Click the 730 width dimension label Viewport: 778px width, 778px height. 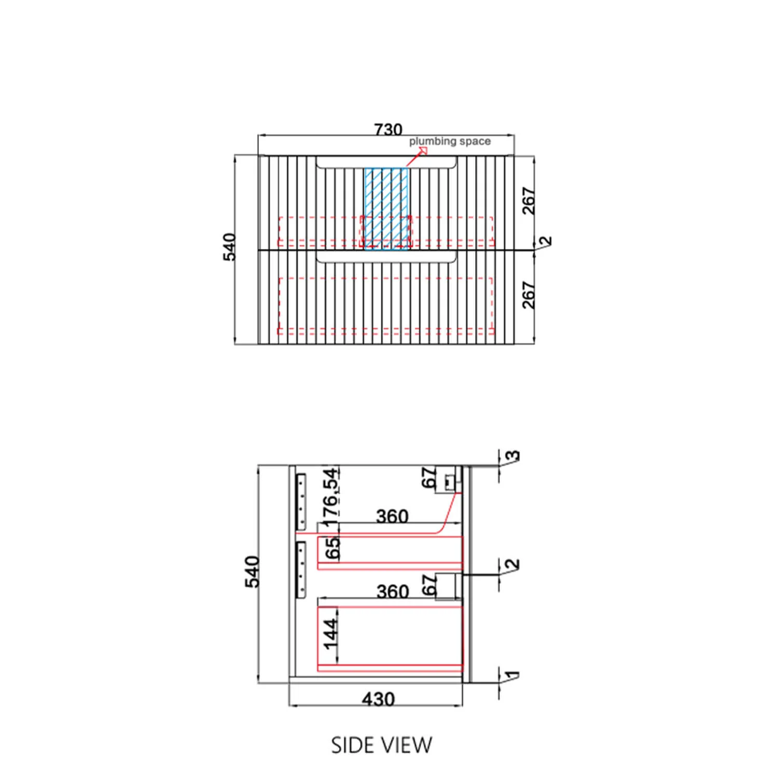[388, 129]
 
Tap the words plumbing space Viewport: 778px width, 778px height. [450, 141]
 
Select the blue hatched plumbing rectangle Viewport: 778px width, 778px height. [386, 209]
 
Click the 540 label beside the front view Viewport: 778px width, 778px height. [230, 247]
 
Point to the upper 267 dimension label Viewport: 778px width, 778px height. [528, 201]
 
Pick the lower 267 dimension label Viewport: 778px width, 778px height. [528, 295]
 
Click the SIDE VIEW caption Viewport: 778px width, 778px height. [381, 745]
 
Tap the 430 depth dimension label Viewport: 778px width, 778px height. [378, 699]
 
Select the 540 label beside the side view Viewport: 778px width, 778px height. [252, 572]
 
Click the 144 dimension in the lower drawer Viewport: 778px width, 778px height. [330, 634]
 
